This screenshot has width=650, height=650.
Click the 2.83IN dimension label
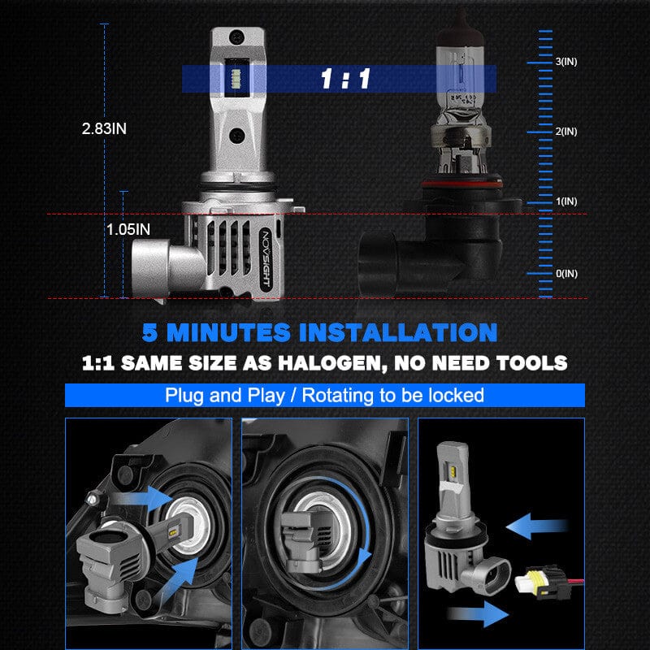(x=104, y=128)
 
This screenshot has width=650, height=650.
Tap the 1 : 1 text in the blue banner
(x=345, y=80)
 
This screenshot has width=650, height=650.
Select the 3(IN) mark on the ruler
(x=566, y=62)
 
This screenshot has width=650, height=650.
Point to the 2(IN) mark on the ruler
(x=566, y=132)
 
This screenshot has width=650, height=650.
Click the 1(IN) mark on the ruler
(x=566, y=201)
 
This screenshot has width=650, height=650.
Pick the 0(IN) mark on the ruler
(x=566, y=273)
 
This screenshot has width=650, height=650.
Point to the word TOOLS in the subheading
(x=528, y=362)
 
